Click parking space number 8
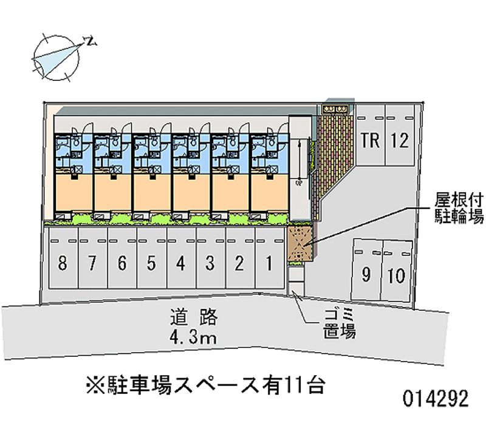click(x=63, y=258)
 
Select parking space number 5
click(x=151, y=258)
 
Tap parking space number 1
click(x=269, y=258)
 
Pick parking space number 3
click(x=210, y=258)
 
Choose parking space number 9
click(x=366, y=270)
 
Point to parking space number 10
click(x=397, y=271)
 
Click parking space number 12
click(x=400, y=135)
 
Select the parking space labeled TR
click(x=371, y=135)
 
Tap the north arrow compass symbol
click(x=56, y=58)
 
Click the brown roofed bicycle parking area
click(x=301, y=244)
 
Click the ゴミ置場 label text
click(x=340, y=323)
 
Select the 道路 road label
click(x=194, y=317)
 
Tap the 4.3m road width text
click(x=193, y=337)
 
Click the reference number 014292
click(x=436, y=398)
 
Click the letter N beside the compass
click(x=91, y=41)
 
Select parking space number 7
click(x=92, y=258)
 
